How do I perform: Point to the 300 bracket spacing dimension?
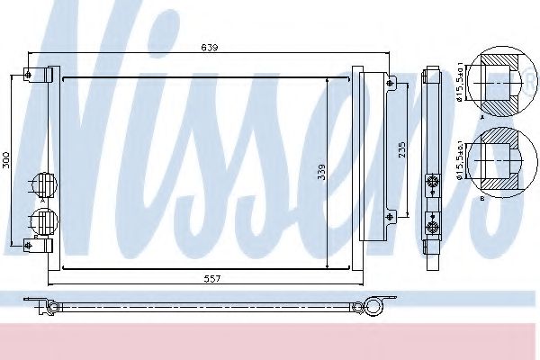7,160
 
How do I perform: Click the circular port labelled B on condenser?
41,219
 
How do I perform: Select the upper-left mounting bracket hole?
30,74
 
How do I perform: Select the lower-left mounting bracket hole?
30,244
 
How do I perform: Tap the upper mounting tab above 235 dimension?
390,82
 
